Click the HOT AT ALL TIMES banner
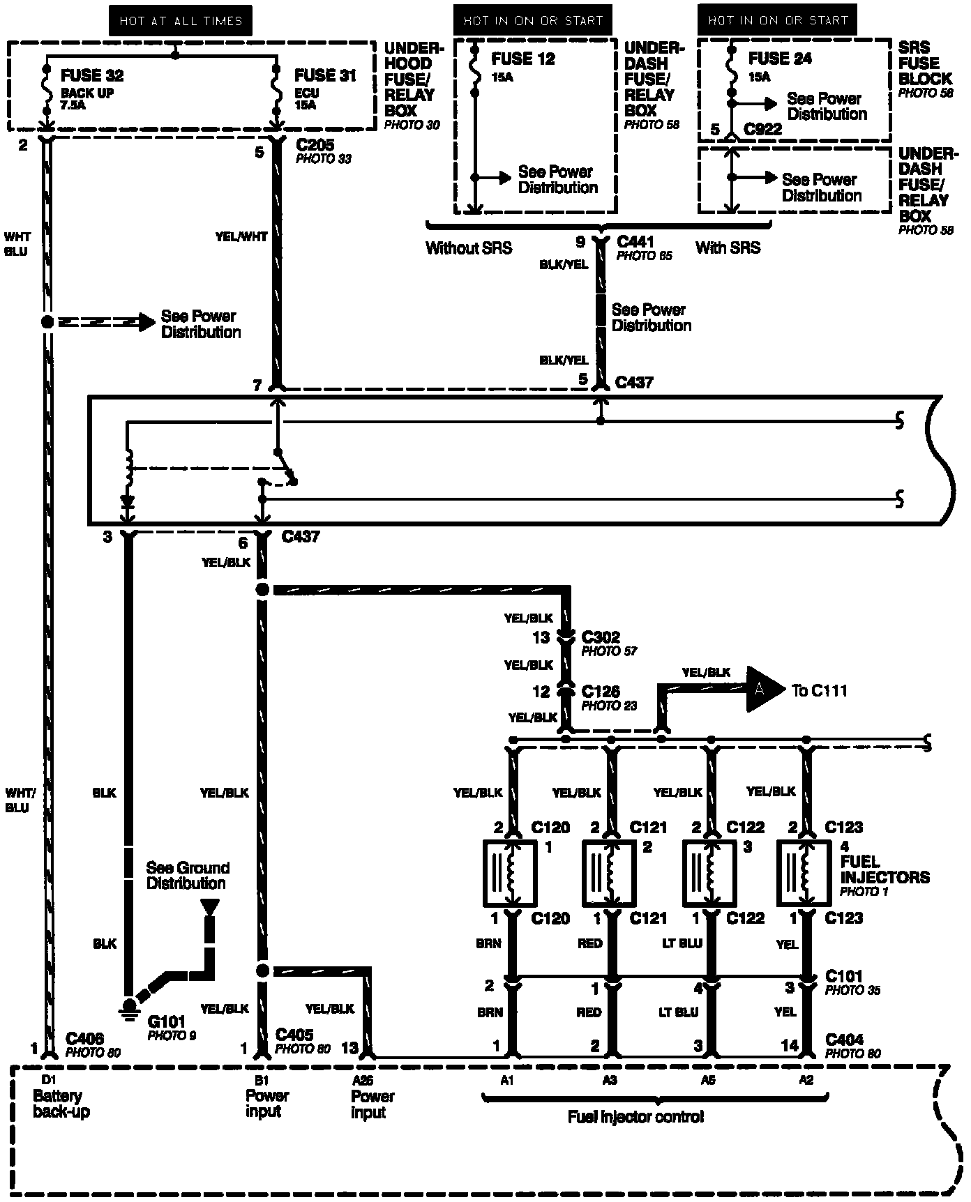coord(181,21)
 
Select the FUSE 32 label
coord(91,75)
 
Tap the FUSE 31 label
coord(325,75)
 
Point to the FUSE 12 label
coord(523,59)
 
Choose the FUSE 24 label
coord(780,59)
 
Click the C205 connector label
coord(315,145)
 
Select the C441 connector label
coord(635,242)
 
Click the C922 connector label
coord(762,129)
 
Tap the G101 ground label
coord(167,1021)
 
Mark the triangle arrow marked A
coord(763,690)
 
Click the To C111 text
coord(819,690)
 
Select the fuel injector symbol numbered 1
coord(510,872)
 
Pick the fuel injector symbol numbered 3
coord(709,872)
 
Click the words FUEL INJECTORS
coord(885,869)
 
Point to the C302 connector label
coord(601,637)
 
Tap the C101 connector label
coord(843,976)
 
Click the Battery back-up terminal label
coord(61,1103)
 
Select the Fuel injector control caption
coord(635,1117)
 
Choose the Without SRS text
coord(469,248)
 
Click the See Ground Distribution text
coord(187,875)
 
